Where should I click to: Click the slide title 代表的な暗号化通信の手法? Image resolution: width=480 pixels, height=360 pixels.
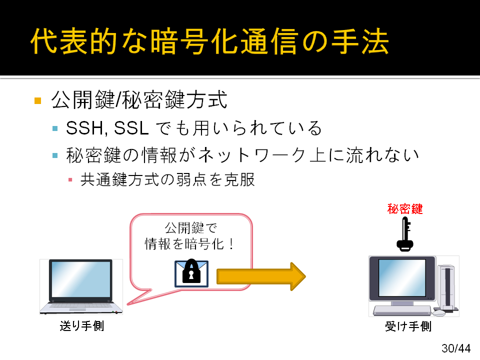click(209, 41)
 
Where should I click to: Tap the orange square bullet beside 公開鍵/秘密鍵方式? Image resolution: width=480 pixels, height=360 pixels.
click(38, 100)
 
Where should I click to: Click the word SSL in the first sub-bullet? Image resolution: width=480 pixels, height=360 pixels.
click(131, 128)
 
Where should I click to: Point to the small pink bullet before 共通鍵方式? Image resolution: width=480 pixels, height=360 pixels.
click(70, 179)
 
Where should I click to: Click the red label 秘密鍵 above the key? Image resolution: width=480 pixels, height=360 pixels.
click(405, 209)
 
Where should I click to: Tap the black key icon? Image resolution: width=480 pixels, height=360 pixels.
click(405, 234)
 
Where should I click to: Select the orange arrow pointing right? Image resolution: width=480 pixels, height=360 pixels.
click(261, 276)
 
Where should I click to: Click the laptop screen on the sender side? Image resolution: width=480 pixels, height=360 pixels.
click(81, 279)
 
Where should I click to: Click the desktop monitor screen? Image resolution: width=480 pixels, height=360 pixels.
click(402, 278)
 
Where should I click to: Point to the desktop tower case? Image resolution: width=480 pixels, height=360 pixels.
click(447, 287)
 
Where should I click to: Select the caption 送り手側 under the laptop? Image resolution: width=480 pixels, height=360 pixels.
click(82, 325)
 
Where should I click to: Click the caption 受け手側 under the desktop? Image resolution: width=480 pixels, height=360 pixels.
click(408, 326)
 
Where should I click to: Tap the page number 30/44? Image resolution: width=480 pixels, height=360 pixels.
click(456, 348)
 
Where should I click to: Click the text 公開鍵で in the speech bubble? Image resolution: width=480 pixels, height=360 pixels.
click(191, 228)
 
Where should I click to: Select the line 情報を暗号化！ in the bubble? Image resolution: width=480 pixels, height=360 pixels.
click(190, 244)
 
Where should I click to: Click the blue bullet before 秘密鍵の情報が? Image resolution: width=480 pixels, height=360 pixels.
click(55, 155)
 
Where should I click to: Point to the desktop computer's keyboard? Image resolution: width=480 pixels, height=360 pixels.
click(401, 310)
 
